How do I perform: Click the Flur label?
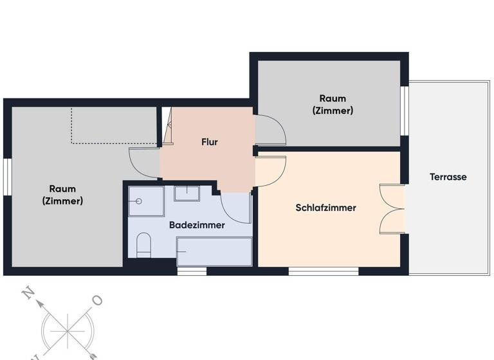(209, 142)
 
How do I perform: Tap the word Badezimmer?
(197, 225)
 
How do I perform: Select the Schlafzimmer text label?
(326, 208)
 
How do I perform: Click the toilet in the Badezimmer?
(143, 245)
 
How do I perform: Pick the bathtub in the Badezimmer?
(214, 251)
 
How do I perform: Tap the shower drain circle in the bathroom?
(138, 201)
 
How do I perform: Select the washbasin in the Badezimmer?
(187, 193)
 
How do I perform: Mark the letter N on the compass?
(28, 293)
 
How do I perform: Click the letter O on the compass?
(97, 300)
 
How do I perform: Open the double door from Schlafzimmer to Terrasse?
(392, 209)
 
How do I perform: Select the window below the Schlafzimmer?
(323, 271)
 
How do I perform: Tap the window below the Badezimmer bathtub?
(192, 271)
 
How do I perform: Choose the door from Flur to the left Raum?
(144, 163)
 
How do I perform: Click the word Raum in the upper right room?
(333, 98)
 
